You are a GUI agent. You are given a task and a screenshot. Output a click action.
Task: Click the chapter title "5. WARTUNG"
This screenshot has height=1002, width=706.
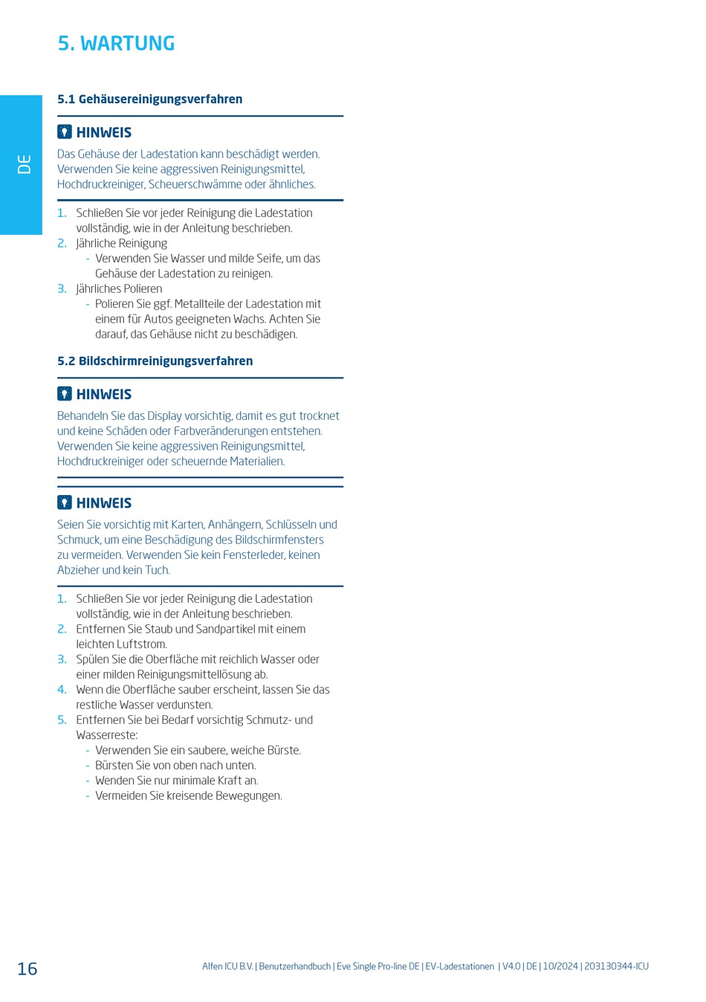click(x=116, y=44)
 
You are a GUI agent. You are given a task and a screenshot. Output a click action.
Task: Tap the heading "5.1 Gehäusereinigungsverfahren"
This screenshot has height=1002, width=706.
click(x=149, y=99)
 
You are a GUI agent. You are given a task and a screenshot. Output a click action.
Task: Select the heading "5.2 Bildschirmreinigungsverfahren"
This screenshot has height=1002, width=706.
click(x=155, y=361)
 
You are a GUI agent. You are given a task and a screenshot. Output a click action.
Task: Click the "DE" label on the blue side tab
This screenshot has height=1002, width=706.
click(x=25, y=164)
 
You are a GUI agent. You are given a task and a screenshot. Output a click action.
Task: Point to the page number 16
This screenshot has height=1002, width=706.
click(x=27, y=969)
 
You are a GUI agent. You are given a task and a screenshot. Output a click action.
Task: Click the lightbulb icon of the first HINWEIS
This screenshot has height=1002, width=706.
click(x=65, y=132)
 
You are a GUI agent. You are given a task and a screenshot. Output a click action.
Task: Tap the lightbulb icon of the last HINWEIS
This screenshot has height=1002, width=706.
click(x=65, y=502)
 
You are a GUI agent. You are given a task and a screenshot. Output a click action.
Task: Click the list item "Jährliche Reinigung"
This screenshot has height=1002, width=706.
click(x=121, y=243)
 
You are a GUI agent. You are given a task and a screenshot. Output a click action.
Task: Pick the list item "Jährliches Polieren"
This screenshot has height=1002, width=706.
click(x=119, y=288)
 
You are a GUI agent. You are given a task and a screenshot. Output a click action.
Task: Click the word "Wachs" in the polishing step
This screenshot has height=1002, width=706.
click(x=249, y=319)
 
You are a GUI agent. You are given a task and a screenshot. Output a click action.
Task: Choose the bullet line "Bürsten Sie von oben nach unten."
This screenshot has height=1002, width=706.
click(x=175, y=766)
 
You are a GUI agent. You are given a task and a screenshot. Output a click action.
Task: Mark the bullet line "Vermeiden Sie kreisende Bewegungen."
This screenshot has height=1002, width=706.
click(x=188, y=795)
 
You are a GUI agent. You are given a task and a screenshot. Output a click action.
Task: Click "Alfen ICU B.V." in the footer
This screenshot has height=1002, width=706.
click(x=227, y=966)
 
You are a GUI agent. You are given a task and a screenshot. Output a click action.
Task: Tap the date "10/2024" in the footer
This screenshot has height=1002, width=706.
click(x=560, y=966)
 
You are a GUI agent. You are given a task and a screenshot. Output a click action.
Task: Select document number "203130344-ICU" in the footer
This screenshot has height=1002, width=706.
click(x=616, y=966)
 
